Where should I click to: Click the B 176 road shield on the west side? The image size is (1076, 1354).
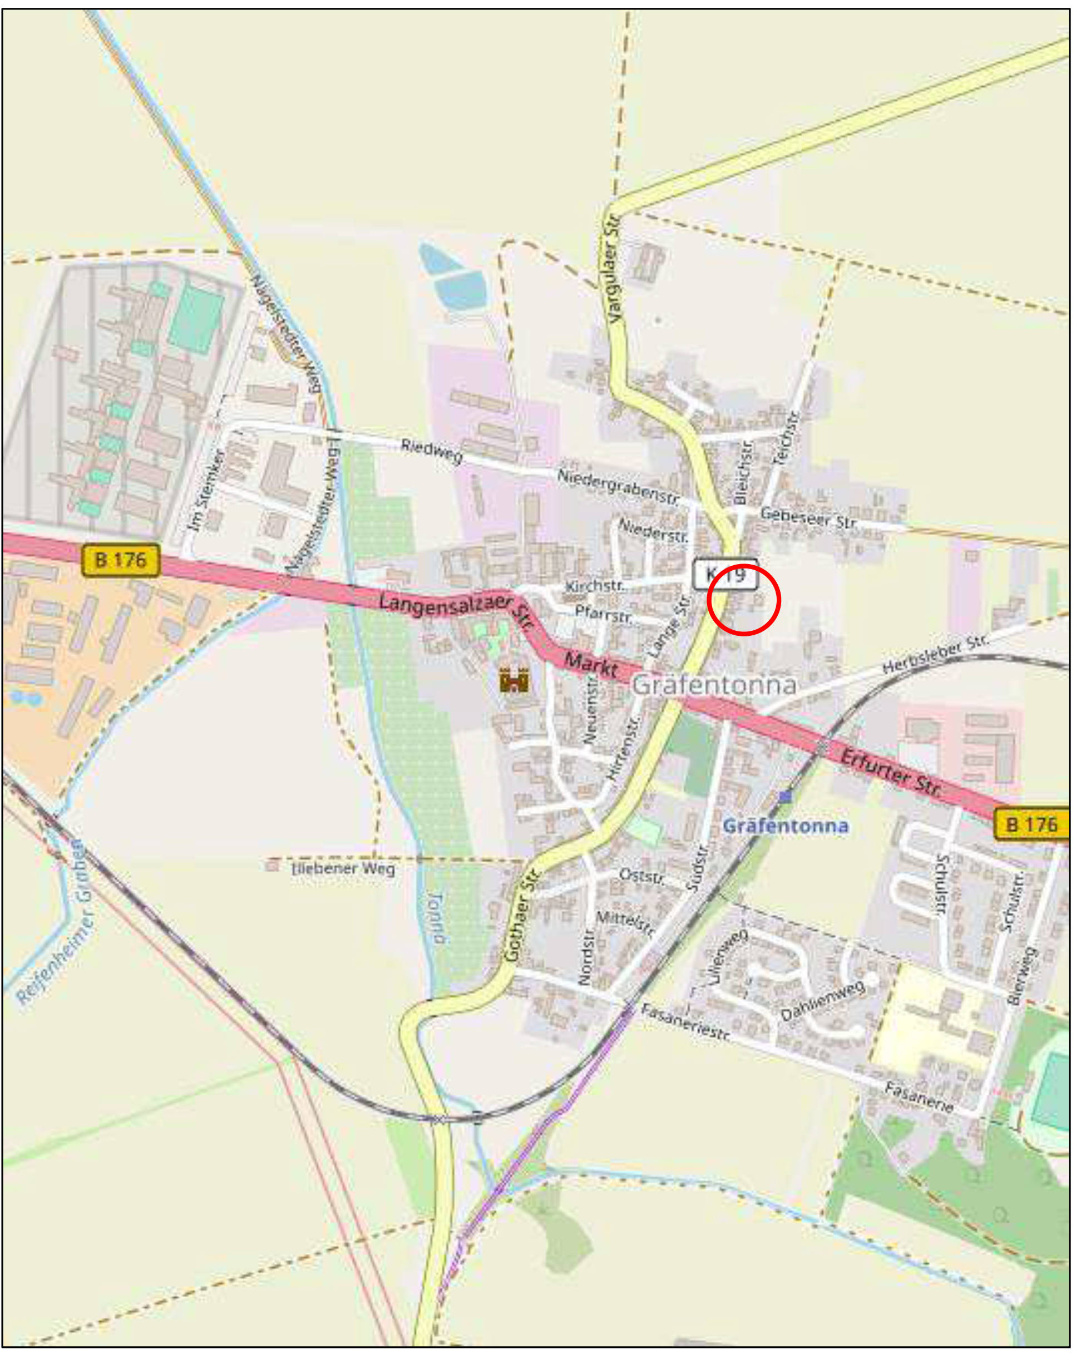point(121,560)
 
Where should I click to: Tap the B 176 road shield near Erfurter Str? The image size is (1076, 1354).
point(1031,823)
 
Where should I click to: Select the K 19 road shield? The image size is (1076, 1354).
point(725,574)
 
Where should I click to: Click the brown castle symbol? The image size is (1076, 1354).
point(514,680)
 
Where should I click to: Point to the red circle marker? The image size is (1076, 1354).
point(743,600)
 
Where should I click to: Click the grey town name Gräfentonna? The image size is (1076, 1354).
point(714,685)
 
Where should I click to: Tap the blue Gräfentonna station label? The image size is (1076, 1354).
point(785,826)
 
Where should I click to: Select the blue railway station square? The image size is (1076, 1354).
point(784,798)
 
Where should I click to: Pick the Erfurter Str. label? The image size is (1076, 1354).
point(891,774)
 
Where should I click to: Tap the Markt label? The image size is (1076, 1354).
point(590,664)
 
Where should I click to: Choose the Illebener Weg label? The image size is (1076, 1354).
point(344,868)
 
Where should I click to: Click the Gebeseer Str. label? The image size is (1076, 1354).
point(808,519)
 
